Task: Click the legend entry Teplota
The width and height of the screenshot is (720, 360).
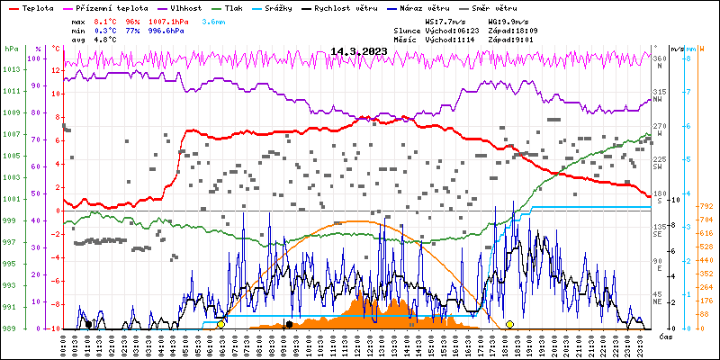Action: pyautogui.click(x=38, y=6)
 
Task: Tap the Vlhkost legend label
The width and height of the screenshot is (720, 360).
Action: pyautogui.click(x=188, y=6)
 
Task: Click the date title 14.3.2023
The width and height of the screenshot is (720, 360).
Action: pyautogui.click(x=358, y=51)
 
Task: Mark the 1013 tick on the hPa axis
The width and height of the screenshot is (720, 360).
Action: pyautogui.click(x=11, y=69)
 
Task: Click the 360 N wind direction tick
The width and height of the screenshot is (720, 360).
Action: pyautogui.click(x=660, y=60)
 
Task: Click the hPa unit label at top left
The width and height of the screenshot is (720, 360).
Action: pyautogui.click(x=11, y=49)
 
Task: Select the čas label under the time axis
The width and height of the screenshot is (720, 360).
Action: pyautogui.click(x=666, y=337)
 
